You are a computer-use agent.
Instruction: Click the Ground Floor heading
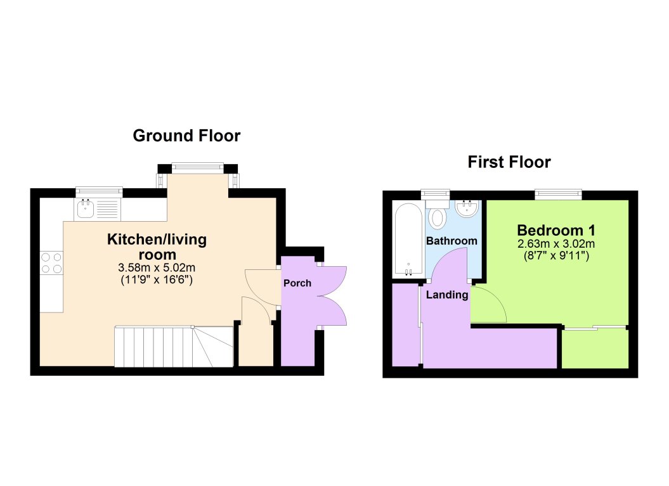coord(186,136)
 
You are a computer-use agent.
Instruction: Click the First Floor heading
coord(509,162)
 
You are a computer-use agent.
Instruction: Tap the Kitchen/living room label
coord(157,246)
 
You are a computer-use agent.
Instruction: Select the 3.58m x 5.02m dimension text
coord(157,267)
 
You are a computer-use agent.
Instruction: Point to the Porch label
coord(297,283)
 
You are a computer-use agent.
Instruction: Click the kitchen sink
coord(84,207)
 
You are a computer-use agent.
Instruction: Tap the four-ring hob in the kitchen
coord(51,262)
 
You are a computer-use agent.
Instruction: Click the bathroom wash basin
coord(467,208)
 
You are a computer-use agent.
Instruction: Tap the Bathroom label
coord(451,241)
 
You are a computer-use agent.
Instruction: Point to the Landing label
coord(447,295)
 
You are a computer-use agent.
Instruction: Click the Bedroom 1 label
coord(556,230)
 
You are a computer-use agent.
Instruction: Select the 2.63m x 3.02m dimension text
coord(556,244)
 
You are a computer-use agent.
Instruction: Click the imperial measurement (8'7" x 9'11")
coord(556,257)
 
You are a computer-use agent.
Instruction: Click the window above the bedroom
coord(557,194)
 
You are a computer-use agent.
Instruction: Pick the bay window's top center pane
coord(197,168)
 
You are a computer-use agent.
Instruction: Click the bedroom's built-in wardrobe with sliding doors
coord(595,348)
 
